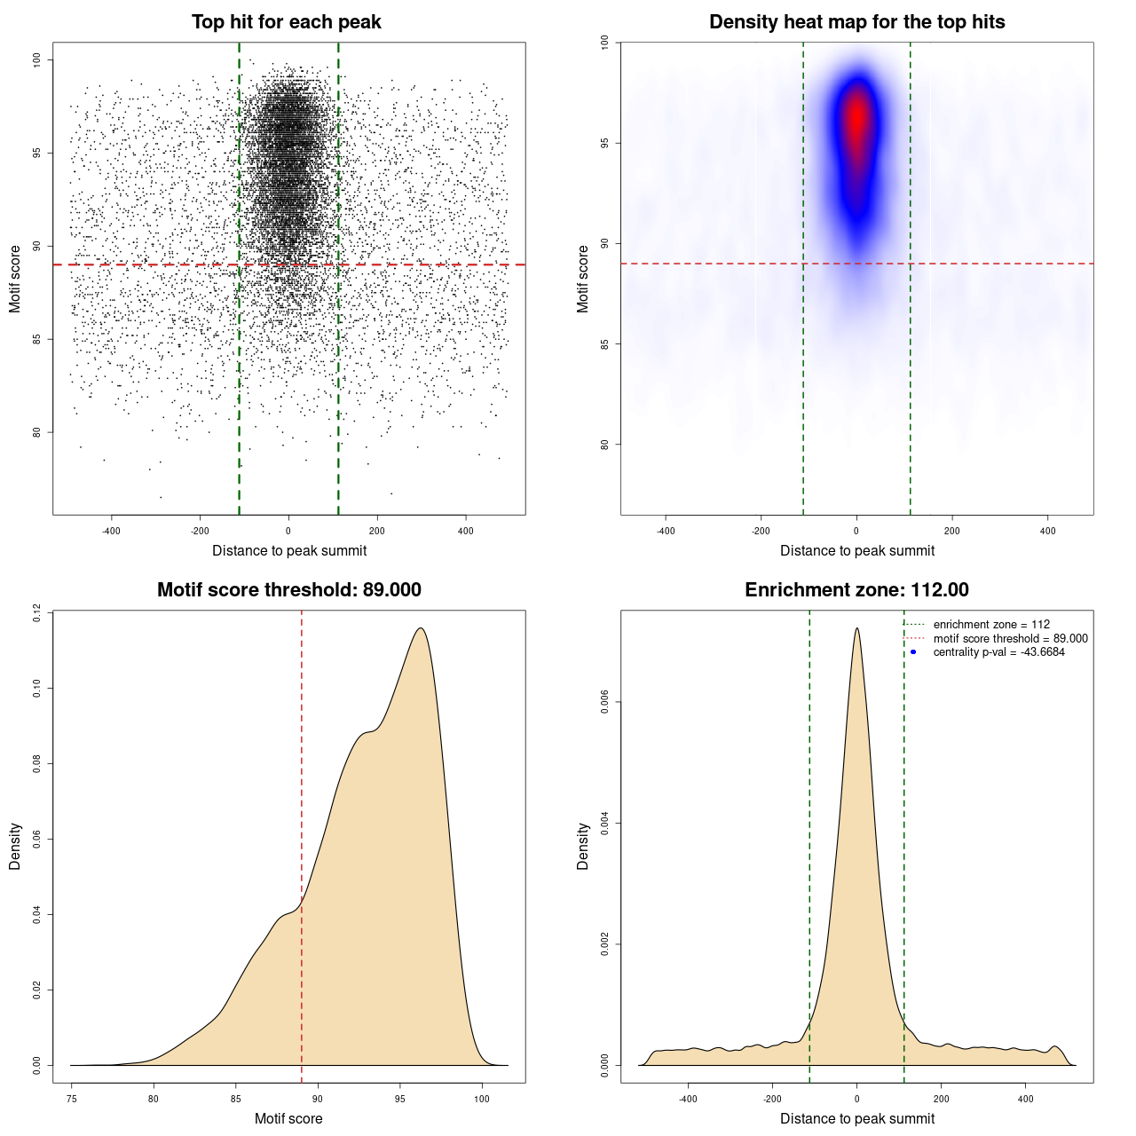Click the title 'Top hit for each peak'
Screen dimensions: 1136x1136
[x=286, y=22]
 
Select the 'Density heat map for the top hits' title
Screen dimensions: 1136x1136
[x=856, y=22]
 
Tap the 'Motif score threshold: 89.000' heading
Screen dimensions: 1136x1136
[x=288, y=590]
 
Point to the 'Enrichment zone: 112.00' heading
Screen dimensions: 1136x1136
[x=856, y=590]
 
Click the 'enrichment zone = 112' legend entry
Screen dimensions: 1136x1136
[x=991, y=625]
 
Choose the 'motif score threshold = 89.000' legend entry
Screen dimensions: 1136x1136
[x=1010, y=638]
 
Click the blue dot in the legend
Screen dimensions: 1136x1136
[x=913, y=652]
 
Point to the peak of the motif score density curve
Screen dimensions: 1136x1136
[x=421, y=628]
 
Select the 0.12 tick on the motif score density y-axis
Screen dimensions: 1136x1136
[x=36, y=612]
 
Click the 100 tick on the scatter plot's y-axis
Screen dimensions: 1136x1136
[x=36, y=59]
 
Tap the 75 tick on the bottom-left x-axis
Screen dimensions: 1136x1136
[x=72, y=1099]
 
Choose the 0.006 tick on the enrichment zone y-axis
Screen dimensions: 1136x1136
[x=604, y=702]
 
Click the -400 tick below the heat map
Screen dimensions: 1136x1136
[x=666, y=531]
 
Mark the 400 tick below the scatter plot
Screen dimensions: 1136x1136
[x=466, y=531]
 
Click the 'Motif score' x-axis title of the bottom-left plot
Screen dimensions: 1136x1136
[x=288, y=1118]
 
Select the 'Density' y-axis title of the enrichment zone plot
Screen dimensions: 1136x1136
[x=583, y=846]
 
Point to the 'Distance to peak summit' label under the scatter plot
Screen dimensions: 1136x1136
[x=289, y=550]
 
